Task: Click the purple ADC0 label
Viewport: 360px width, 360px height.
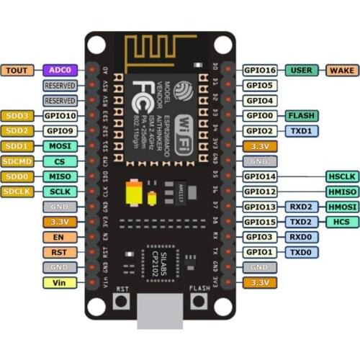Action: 59,70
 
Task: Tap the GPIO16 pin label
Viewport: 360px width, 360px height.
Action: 259,70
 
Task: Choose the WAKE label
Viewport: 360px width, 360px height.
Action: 341,70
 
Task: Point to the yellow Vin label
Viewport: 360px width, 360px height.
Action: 59,283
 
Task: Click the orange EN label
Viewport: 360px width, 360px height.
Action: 59,237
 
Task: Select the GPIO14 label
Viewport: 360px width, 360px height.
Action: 259,176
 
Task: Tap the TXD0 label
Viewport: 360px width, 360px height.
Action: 301,252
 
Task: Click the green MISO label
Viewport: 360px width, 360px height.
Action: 59,176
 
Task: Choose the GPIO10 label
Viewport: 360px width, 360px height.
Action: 59,115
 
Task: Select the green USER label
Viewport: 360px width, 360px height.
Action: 302,70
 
